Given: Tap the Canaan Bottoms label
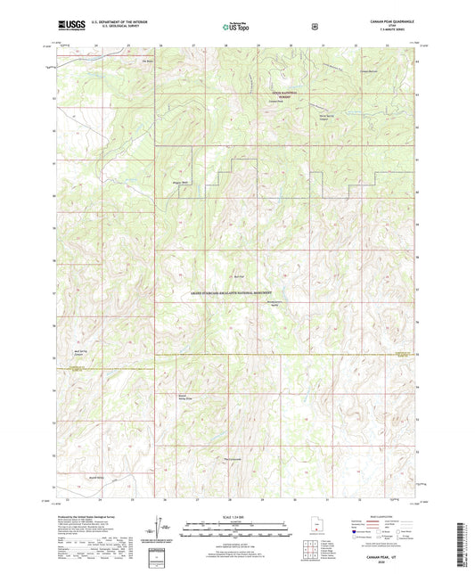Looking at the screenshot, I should point(369,71).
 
